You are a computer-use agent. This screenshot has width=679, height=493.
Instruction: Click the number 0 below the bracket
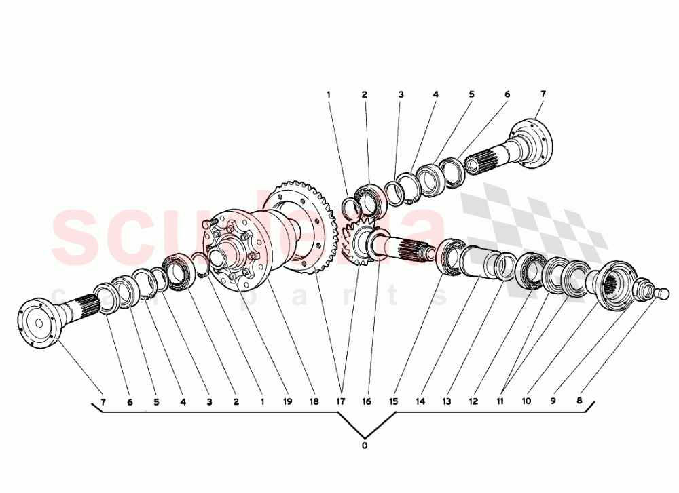(365, 446)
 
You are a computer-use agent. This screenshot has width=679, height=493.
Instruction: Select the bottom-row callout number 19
(287, 401)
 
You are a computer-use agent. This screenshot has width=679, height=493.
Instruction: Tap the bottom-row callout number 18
(314, 401)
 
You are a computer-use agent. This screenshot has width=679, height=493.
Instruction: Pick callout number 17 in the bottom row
(341, 401)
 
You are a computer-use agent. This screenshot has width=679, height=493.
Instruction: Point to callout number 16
(367, 401)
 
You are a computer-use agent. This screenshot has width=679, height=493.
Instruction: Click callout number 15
(393, 401)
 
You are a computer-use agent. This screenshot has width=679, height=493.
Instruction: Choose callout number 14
(420, 401)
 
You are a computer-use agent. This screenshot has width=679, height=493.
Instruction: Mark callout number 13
(446, 401)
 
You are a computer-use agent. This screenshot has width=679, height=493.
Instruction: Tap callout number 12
(473, 401)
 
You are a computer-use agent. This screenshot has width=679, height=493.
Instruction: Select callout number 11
(500, 401)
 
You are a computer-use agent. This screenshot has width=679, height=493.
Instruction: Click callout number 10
(526, 401)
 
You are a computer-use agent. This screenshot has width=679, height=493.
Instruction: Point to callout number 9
(553, 401)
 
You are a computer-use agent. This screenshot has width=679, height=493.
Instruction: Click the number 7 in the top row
(543, 94)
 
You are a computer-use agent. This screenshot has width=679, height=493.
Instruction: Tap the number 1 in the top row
(328, 94)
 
